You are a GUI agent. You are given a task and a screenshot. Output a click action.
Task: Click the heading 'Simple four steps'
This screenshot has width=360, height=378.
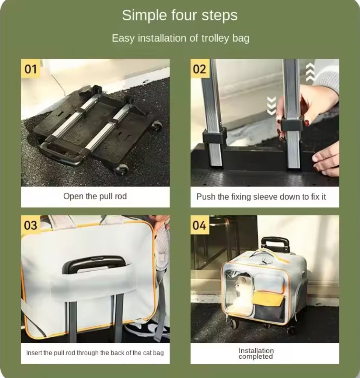(180, 16)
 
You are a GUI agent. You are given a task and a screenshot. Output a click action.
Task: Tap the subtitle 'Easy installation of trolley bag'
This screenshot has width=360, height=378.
(180, 38)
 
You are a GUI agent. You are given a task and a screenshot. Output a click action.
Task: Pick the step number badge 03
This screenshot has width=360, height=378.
(31, 225)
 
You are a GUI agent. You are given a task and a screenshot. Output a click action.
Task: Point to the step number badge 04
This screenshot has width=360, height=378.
(200, 225)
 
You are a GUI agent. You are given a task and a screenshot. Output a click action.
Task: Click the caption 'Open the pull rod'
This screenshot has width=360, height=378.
(95, 196)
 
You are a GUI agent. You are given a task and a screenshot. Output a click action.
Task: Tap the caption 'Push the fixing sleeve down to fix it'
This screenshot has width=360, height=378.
(261, 197)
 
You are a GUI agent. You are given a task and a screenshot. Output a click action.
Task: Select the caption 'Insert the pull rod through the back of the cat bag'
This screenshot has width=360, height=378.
(95, 353)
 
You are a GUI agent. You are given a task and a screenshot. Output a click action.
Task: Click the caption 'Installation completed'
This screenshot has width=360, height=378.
(256, 353)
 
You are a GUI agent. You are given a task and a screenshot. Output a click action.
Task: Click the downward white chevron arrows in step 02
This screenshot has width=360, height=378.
(272, 106)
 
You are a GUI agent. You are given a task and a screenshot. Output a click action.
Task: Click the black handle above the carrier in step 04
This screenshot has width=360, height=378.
(275, 244)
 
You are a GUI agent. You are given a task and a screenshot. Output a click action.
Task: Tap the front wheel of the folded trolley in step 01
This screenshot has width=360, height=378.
(121, 169)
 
